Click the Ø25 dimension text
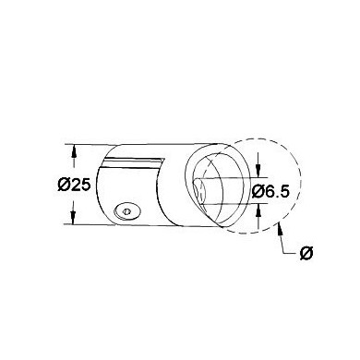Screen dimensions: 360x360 pos(74,186)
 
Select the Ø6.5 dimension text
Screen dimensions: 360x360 pos(270,192)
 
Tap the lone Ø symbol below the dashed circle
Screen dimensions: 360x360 pos(306,254)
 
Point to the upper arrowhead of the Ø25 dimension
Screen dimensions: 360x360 pos(73,151)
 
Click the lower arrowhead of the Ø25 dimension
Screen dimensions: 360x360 pos(73,217)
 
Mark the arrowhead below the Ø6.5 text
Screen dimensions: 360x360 pos(258,211)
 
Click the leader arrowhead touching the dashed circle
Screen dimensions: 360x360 pos(280,229)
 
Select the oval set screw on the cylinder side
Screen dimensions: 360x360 pos(127,211)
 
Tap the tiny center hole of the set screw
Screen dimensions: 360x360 pos(126,211)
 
